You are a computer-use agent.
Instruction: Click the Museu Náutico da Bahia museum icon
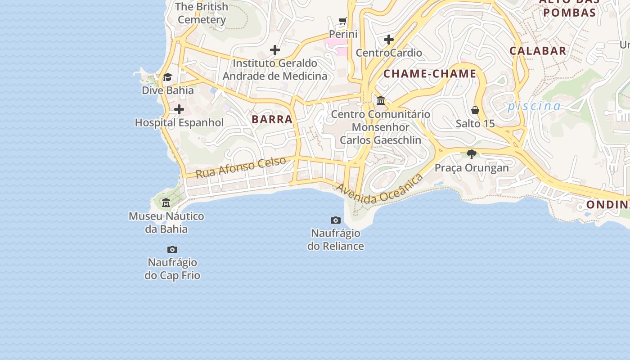[x=166, y=203]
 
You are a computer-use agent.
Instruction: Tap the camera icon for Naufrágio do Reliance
[x=335, y=220]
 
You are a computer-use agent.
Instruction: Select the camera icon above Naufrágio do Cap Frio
[x=172, y=249]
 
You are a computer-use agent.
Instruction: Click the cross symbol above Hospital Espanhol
[x=179, y=109]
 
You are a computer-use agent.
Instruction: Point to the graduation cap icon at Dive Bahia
[x=167, y=77]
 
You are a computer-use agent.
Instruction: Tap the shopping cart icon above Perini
[x=343, y=21]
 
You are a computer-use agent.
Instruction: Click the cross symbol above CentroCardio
[x=389, y=40]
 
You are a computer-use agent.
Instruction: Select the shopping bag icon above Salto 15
[x=475, y=110]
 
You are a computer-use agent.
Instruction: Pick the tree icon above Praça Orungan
[x=472, y=154]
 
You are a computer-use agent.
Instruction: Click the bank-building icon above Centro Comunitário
[x=381, y=100]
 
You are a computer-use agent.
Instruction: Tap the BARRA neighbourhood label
[x=272, y=119]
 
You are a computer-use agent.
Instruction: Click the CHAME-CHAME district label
[x=430, y=74]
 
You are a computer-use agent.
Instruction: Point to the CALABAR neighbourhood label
[x=538, y=50]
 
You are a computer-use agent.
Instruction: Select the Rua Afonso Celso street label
[x=241, y=167]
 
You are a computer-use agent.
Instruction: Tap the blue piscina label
[x=534, y=106]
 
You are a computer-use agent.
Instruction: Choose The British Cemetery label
[x=202, y=13]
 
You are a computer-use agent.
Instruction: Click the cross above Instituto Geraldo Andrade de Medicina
[x=275, y=50]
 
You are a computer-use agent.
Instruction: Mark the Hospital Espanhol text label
[x=179, y=122]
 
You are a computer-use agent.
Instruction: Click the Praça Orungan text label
[x=472, y=168]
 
